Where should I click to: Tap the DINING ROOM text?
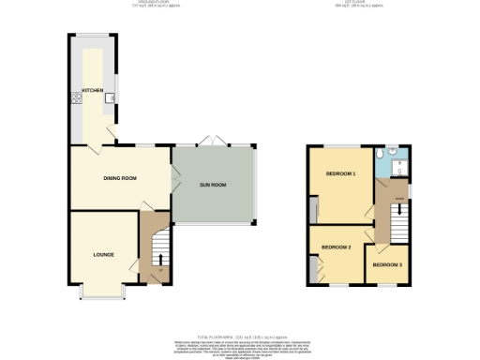coord(120,178)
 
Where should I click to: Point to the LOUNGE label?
coord(103,254)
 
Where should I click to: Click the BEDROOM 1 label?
coord(340,174)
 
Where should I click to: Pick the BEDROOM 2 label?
coord(336,247)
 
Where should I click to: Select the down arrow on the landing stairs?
coord(399,209)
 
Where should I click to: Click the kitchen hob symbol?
coord(71,97)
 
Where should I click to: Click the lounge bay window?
coord(103,292)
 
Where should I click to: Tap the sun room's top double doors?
coord(211,143)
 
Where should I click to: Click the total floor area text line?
coord(240,335)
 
